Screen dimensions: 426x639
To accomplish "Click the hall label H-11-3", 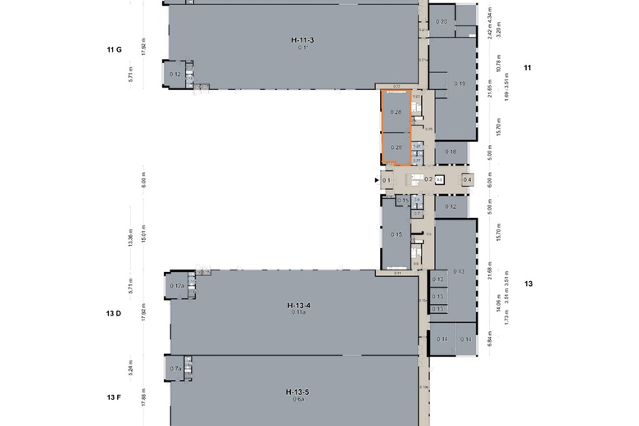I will click(302, 39).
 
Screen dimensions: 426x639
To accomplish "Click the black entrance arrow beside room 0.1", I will click(376, 180).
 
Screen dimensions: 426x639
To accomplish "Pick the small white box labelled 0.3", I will click(439, 179).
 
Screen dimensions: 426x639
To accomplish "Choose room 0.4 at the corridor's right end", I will click(467, 179).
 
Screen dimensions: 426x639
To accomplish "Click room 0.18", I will click(451, 152).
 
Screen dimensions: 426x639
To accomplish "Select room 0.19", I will click(460, 84).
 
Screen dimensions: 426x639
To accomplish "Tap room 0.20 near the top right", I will click(442, 21).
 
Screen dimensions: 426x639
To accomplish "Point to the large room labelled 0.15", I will click(397, 234).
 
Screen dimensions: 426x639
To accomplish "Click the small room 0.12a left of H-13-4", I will click(176, 286).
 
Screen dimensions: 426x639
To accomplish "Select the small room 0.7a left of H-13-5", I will click(175, 369).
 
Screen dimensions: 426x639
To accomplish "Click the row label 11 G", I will click(114, 50).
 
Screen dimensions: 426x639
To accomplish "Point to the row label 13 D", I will click(114, 313).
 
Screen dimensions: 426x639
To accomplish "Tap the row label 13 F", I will click(114, 397).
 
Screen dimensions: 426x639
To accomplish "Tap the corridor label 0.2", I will click(428, 179).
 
